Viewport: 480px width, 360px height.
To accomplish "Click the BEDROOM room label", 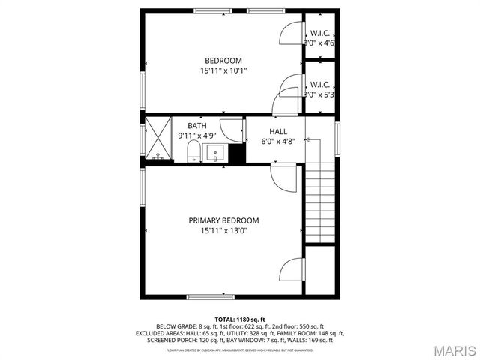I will pos(223,61).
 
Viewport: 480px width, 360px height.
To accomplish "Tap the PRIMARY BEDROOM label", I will pos(223,220).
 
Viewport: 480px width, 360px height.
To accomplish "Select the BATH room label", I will pos(196,126).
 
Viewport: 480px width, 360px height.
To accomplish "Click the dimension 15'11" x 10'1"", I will pos(223,71).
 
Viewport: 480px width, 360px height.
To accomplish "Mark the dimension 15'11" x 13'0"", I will pos(223,231).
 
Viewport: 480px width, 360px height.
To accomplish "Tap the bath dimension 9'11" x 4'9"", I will pos(196,136).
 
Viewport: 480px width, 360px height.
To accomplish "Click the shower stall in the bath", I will pos(158,139).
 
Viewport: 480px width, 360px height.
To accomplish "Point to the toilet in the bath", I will pos(193,154).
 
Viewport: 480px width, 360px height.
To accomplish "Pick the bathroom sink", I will pos(216,154).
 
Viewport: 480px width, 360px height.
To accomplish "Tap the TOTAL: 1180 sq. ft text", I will pos(240,319).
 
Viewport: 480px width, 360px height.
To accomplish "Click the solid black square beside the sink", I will pos(237,154).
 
